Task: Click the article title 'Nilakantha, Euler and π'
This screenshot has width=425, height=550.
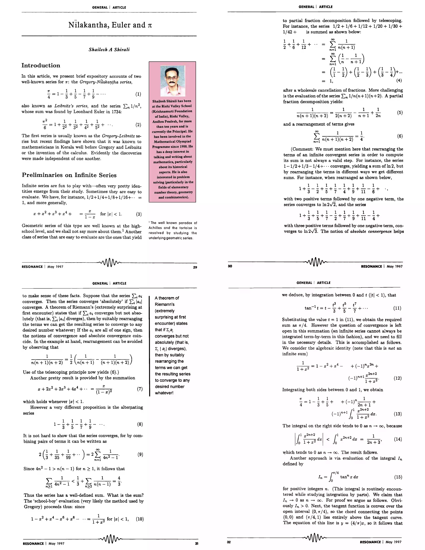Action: pos(110,25)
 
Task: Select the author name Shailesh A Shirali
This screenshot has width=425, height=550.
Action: pos(109,50)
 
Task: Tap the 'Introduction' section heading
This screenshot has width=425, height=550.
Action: pos(41,65)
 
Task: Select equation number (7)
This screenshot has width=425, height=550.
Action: pos(140,389)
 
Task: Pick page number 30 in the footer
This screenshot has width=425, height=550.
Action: pos(230,266)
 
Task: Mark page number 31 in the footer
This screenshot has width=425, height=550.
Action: pos(196,544)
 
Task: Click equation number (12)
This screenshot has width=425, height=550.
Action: pos(397,378)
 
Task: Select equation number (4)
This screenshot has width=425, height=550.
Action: pos(399,81)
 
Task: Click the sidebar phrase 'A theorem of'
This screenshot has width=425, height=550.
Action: pos(167,298)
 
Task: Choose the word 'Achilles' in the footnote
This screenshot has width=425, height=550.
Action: pos(155,228)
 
